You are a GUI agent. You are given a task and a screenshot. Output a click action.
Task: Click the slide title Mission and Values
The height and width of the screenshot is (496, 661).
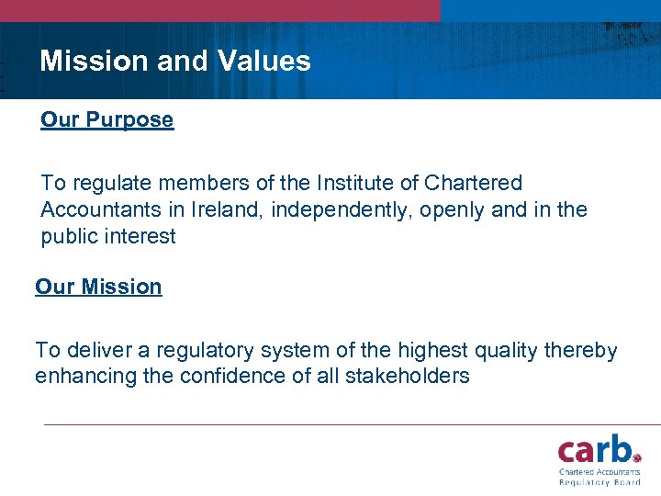175,62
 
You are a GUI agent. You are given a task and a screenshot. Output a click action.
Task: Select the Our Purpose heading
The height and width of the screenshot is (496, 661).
106,120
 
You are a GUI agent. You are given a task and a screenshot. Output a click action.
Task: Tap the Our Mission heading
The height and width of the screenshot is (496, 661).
98,287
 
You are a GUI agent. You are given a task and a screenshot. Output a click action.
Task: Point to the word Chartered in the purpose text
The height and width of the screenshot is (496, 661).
476,184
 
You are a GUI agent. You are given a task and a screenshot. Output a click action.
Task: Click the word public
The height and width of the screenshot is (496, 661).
70,237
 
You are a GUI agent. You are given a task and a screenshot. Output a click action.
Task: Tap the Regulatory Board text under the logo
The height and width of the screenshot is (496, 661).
599,481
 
